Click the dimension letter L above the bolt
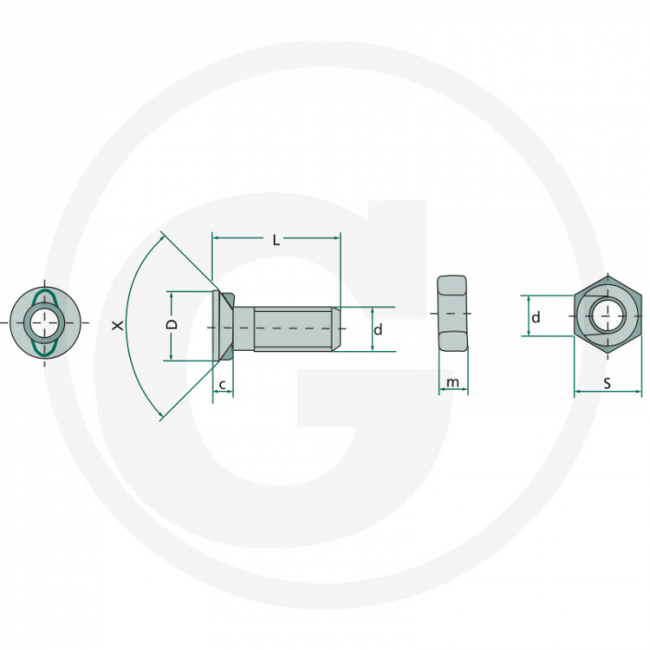click(x=276, y=240)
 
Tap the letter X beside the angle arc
click(x=117, y=326)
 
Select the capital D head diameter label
click(x=172, y=325)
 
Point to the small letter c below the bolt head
click(x=223, y=383)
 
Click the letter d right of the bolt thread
click(x=378, y=330)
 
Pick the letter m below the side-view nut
click(x=452, y=383)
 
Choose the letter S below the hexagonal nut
click(x=607, y=383)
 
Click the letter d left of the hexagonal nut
click(x=536, y=318)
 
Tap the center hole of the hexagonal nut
click(x=607, y=316)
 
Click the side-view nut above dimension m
click(x=452, y=313)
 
